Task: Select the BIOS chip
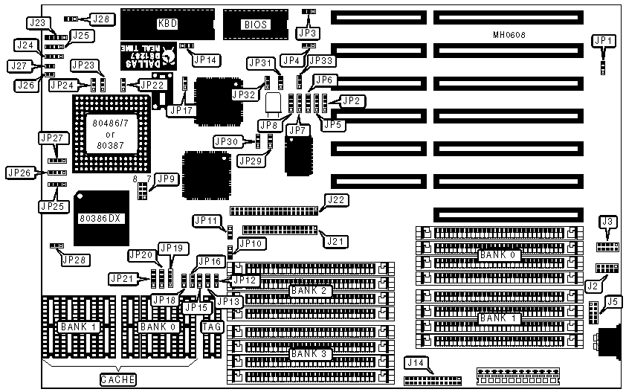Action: coord(254,24)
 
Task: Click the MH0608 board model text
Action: coord(509,36)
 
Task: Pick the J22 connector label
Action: coord(336,199)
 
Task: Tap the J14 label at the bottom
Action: coord(414,363)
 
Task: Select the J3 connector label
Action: coord(609,221)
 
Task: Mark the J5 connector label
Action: coord(613,301)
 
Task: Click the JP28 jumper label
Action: coord(73,260)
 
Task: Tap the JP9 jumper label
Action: coord(166,179)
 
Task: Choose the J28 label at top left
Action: coord(100,19)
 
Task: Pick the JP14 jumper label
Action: coord(206,60)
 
